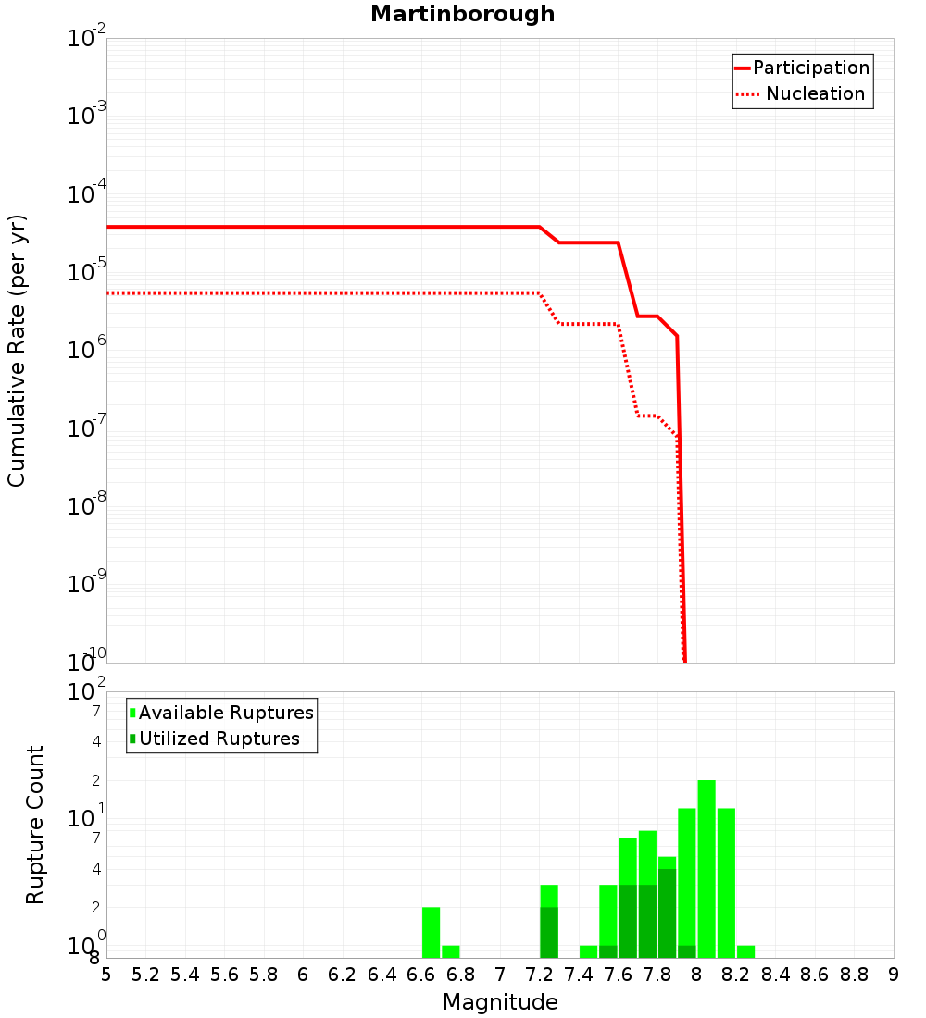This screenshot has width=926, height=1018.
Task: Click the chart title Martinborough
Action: [462, 14]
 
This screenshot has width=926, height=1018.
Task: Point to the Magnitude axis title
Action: [500, 1002]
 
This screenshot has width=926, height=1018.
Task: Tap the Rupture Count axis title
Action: [35, 825]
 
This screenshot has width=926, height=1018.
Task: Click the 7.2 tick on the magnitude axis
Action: [540, 974]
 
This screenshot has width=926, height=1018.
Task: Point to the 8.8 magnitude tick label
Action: [854, 974]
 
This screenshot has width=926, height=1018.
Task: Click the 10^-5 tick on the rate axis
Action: [87, 271]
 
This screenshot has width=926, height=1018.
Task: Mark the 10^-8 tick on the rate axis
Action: [87, 505]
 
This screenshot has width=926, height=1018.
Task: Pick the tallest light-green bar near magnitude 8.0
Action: [707, 869]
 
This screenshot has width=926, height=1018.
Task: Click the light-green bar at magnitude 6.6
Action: [431, 932]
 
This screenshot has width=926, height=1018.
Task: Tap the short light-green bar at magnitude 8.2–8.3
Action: [745, 951]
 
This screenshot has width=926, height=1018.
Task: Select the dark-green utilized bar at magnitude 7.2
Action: [549, 932]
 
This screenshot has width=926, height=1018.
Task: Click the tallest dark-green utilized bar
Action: [667, 913]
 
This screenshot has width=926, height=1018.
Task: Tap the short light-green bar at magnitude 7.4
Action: [588, 951]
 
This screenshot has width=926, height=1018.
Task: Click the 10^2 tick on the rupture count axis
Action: [87, 691]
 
